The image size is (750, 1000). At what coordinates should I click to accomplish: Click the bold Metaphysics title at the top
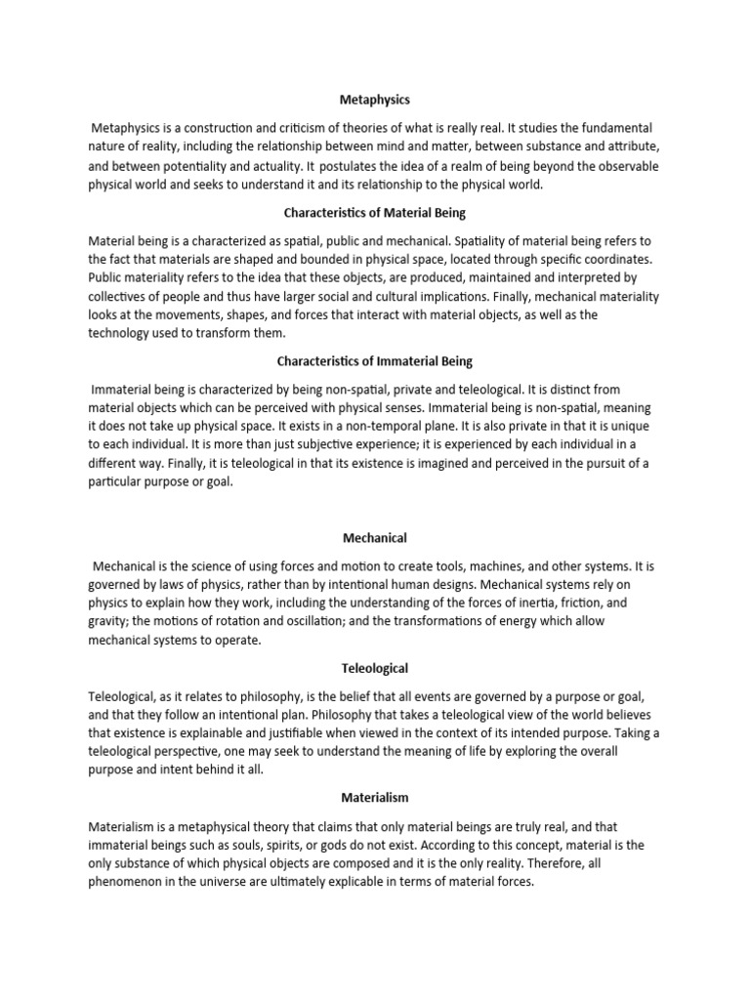pyautogui.click(x=375, y=99)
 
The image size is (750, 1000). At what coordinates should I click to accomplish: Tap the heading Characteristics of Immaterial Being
pyautogui.click(x=375, y=361)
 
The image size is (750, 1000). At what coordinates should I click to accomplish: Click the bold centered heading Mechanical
pyautogui.click(x=375, y=537)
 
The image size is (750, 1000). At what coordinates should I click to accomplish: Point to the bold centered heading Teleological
pyautogui.click(x=375, y=668)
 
